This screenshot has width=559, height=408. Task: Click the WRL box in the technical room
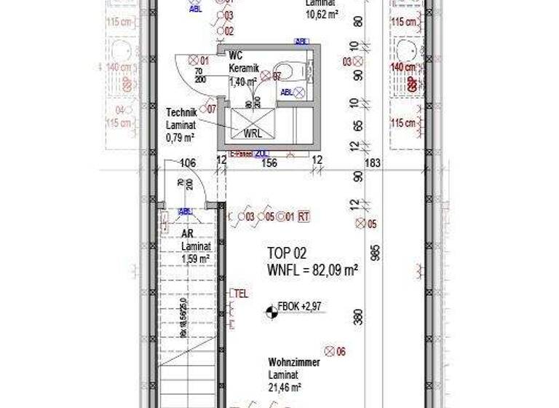click(253, 133)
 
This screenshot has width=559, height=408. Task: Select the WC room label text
click(235, 55)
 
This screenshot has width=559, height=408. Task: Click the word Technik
click(181, 112)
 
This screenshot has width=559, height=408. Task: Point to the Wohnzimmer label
click(291, 362)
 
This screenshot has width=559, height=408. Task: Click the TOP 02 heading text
click(287, 254)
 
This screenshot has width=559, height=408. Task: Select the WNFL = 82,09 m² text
click(312, 270)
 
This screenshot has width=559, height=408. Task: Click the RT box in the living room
click(304, 216)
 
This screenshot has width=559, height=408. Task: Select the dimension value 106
click(188, 163)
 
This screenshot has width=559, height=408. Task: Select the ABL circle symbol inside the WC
click(298, 93)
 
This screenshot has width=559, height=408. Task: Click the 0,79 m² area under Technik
click(179, 137)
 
